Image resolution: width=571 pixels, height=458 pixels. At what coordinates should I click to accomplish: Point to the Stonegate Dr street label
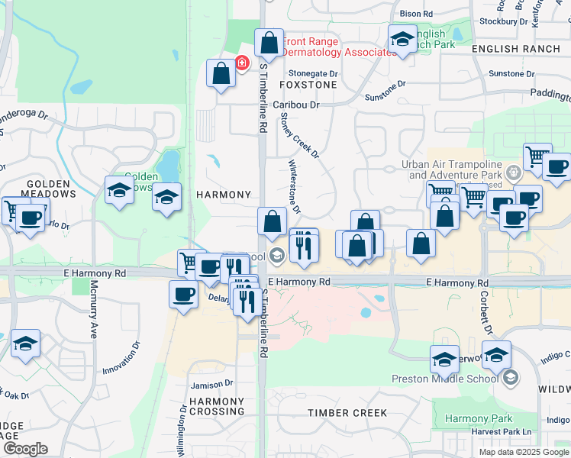[x=313, y=73]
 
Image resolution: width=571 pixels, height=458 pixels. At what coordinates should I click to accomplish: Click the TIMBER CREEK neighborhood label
[x=347, y=413]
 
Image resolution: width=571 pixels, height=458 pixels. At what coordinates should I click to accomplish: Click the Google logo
[x=25, y=449]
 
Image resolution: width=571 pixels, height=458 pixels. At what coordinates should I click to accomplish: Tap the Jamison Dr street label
[x=212, y=384]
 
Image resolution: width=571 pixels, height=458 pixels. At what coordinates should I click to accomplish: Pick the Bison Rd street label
[x=416, y=14]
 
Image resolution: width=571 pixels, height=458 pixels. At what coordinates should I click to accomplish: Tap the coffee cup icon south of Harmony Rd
[x=183, y=294]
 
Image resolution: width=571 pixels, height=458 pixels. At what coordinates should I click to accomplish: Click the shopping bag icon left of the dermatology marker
[x=221, y=74]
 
